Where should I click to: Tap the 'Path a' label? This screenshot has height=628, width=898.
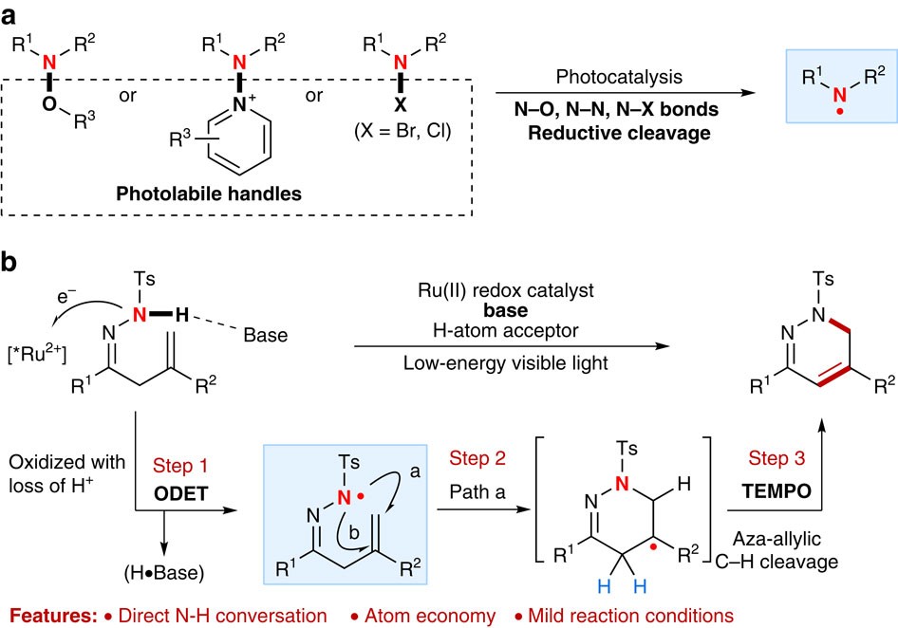coord(471,494)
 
